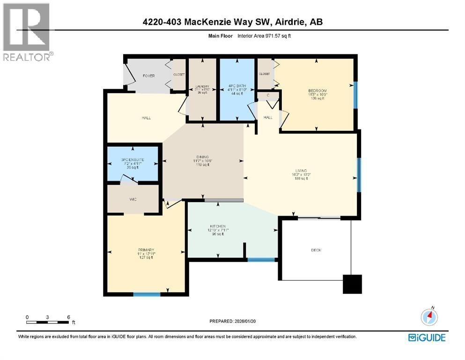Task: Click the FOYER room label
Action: (x=148, y=76)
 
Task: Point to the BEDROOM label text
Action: (x=317, y=90)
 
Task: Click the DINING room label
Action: (x=202, y=157)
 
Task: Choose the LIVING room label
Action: (x=301, y=171)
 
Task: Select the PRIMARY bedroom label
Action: (x=146, y=249)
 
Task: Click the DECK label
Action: (x=317, y=250)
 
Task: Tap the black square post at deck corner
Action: (x=352, y=284)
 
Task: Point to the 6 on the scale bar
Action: (x=68, y=317)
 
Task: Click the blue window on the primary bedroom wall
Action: (x=147, y=294)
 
